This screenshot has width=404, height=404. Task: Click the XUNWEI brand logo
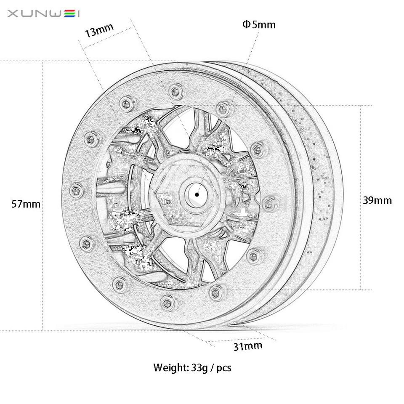coord(43,14)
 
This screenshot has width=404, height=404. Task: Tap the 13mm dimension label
coord(99,30)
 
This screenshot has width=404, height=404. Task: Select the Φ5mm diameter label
coord(259,25)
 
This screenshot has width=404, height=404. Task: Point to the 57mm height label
coord(26,204)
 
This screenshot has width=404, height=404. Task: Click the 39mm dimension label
coord(377,200)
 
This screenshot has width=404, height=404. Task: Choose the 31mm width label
coord(247,346)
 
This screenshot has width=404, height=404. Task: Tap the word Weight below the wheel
coord(169,367)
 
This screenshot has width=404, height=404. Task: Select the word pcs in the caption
coord(224,367)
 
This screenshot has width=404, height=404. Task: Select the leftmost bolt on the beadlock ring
coord(76,190)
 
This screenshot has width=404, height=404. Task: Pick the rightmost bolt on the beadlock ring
coord(269,204)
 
